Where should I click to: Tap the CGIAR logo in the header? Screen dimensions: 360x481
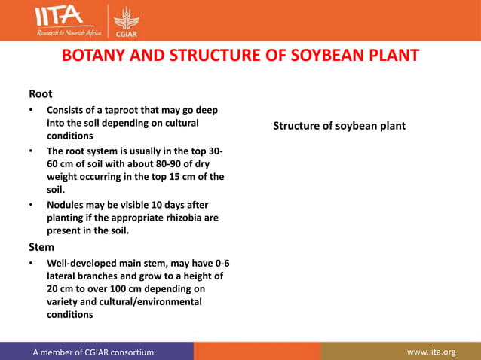click(125, 20)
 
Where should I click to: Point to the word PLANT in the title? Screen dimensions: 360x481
click(386, 57)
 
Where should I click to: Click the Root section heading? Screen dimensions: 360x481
click(40, 94)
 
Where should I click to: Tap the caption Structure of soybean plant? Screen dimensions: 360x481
click(339, 126)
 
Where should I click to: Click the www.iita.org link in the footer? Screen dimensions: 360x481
click(430, 352)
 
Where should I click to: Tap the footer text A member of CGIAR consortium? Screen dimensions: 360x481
click(93, 352)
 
